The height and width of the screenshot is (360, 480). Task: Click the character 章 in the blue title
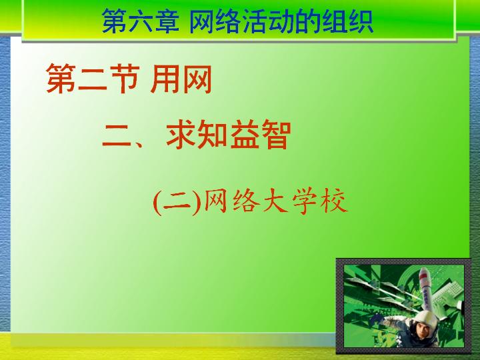[x=167, y=21]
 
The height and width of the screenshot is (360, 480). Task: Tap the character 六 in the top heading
[x=141, y=21]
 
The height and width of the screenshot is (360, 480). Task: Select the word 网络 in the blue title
[x=214, y=21]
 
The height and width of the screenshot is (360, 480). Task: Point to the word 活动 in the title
[x=267, y=21]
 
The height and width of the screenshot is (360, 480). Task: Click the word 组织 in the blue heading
[x=347, y=21]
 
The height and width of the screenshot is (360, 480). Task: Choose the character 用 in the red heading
[x=165, y=79]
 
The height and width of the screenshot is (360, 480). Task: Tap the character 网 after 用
[x=197, y=79]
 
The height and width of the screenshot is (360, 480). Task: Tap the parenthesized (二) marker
[x=177, y=203]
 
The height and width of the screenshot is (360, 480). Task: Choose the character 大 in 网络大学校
[x=275, y=201]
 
